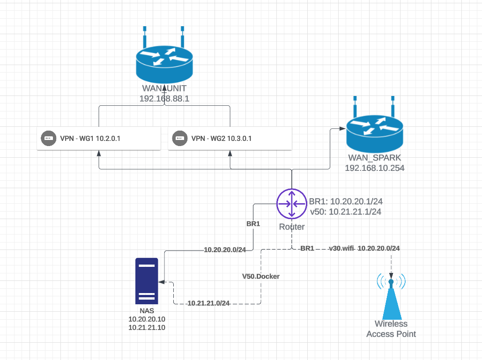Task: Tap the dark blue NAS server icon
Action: point(146,281)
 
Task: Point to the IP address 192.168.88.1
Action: point(164,99)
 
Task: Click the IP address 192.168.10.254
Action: point(374,168)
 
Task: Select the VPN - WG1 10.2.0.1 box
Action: point(98,138)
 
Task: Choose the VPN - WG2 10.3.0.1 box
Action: point(230,138)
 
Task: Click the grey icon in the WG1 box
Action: point(47,138)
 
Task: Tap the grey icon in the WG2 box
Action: point(178,138)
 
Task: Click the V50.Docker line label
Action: point(260,276)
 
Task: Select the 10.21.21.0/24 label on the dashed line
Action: point(208,303)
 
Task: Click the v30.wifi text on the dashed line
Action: point(341,248)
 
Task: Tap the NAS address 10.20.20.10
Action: point(147,319)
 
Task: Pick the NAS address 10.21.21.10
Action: point(147,327)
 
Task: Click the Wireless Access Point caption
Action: point(391,329)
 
